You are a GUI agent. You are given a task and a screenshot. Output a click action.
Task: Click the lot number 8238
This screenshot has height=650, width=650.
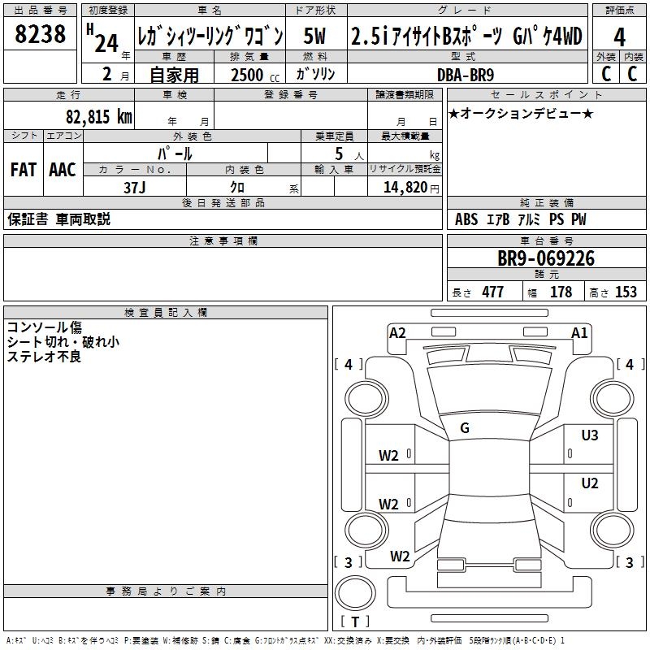tap(41, 34)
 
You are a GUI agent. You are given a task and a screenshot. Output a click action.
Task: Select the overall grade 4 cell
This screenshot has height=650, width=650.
tap(619, 36)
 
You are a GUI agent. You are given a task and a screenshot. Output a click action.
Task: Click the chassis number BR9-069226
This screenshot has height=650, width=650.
tap(546, 259)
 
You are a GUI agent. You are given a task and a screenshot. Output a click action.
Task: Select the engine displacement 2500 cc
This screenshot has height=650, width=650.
tap(246, 75)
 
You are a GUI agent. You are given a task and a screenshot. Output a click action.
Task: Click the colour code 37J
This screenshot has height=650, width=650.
tap(135, 187)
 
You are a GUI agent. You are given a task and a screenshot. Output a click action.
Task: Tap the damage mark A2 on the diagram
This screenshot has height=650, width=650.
tap(397, 331)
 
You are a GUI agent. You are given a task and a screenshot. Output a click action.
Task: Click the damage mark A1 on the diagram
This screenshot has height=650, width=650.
tap(579, 331)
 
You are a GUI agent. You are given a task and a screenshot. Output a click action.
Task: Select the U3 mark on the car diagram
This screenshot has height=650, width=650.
tap(589, 435)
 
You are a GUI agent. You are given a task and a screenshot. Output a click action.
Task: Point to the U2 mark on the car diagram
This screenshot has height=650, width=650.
tap(589, 483)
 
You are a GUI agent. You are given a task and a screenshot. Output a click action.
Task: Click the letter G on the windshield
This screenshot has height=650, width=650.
tap(464, 428)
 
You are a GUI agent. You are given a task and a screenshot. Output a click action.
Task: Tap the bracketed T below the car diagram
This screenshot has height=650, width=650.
tap(355, 622)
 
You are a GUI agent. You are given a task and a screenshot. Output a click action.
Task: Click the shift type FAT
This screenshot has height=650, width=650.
tap(23, 169)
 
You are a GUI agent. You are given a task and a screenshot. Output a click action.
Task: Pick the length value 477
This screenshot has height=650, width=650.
tap(492, 292)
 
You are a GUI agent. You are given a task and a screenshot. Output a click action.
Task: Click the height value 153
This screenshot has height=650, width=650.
tap(626, 292)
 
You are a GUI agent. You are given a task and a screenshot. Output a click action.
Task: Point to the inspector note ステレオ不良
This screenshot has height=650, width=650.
tap(44, 357)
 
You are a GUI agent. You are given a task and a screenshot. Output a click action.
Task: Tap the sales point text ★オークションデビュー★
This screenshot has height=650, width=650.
tap(520, 113)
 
